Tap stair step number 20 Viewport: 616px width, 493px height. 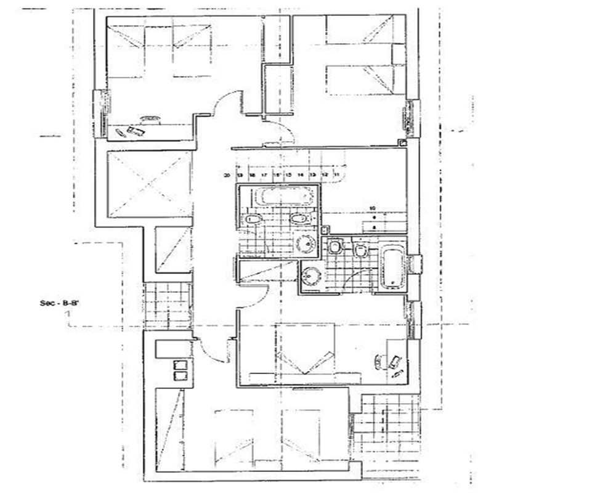pyautogui.click(x=227, y=176)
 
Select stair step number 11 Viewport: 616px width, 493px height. pyautogui.click(x=336, y=176)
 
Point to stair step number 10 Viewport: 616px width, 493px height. pyautogui.click(x=372, y=208)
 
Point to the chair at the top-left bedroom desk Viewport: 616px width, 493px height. pyautogui.click(x=150, y=117)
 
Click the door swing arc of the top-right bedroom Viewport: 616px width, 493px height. pyautogui.click(x=280, y=131)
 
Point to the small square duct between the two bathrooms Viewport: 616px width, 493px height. pyautogui.click(x=325, y=230)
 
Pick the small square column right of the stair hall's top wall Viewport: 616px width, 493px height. pyautogui.click(x=402, y=143)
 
